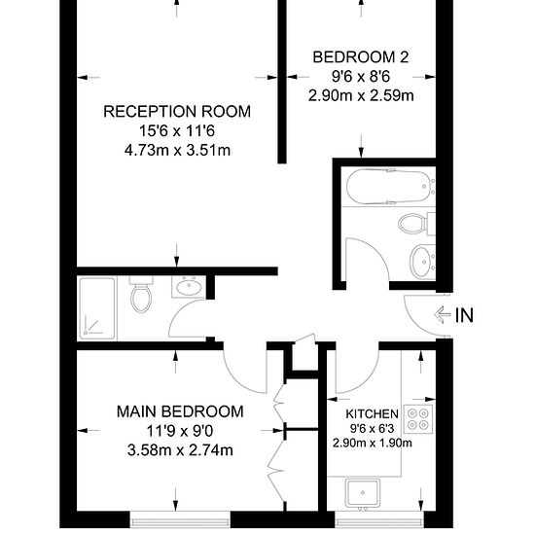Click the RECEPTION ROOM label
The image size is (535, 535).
[177, 112]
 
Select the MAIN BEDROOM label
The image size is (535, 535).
[180, 411]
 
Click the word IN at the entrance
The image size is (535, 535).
[465, 314]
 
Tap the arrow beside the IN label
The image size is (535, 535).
[443, 314]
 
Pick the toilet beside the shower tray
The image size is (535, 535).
[141, 296]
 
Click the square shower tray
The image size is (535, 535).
[101, 307]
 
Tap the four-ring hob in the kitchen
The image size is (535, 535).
[419, 419]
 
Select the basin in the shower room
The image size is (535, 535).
[188, 286]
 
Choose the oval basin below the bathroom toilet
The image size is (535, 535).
[421, 261]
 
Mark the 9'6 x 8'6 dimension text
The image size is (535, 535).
[360, 77]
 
